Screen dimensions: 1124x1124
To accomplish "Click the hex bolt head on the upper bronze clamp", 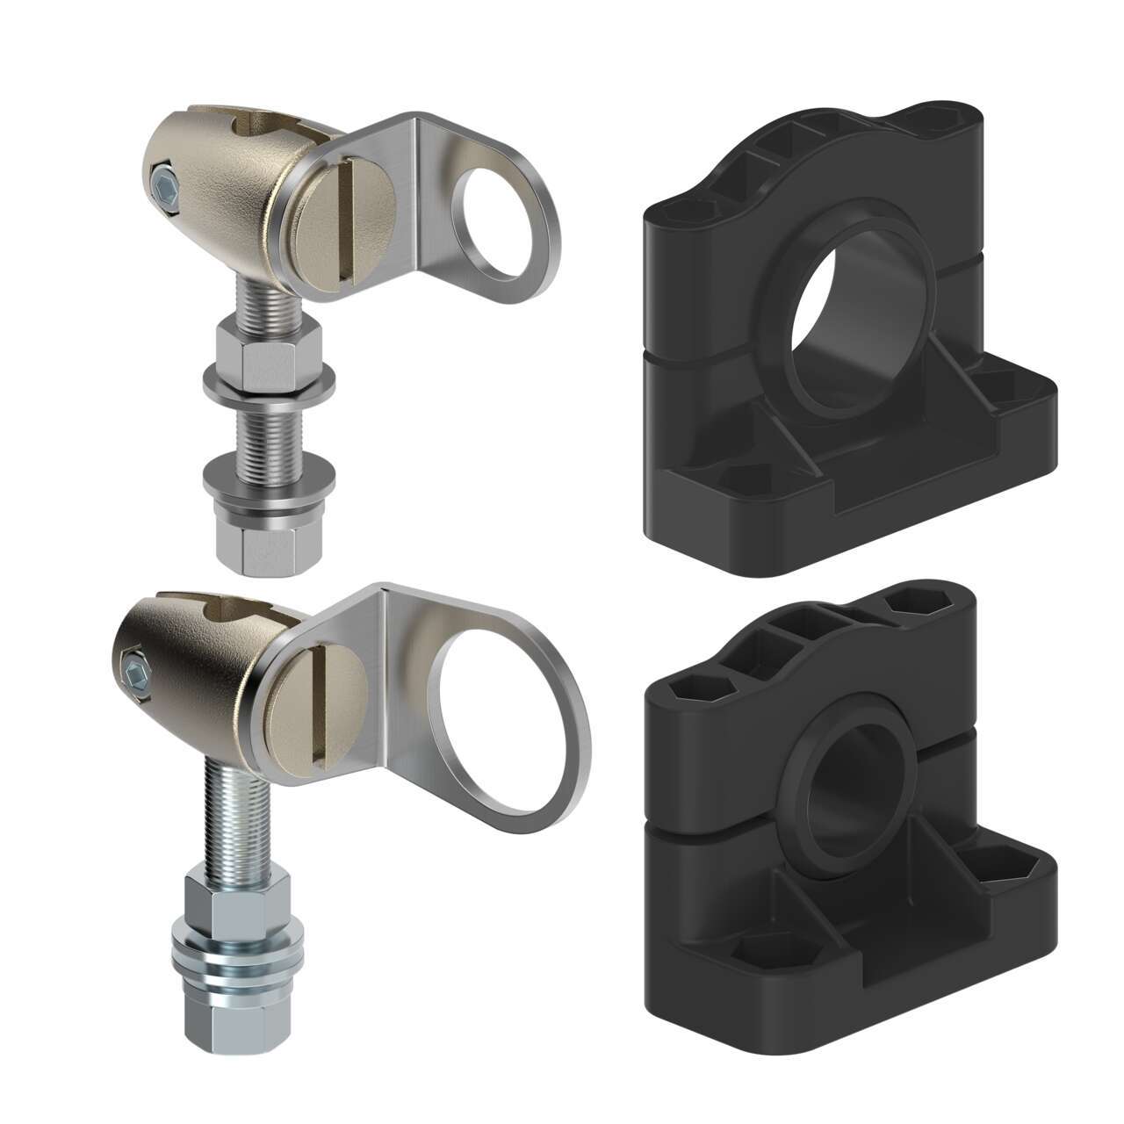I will click(x=163, y=187).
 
